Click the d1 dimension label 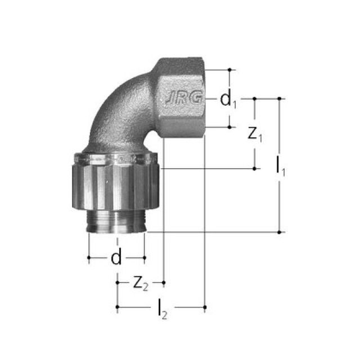pos(228,100)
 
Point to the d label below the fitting pos(116,258)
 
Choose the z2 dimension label pos(140,283)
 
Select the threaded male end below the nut pos(117,221)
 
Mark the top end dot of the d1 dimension pos(229,70)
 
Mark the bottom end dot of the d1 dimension pos(229,127)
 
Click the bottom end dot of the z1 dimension pos(255,168)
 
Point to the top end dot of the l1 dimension pos(280,98)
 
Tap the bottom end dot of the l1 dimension pos(280,232)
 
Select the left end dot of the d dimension pos(89,258)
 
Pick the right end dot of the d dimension pos(145,258)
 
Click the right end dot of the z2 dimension pos(163,281)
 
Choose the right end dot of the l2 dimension pos(205,307)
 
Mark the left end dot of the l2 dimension pos(117,307)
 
